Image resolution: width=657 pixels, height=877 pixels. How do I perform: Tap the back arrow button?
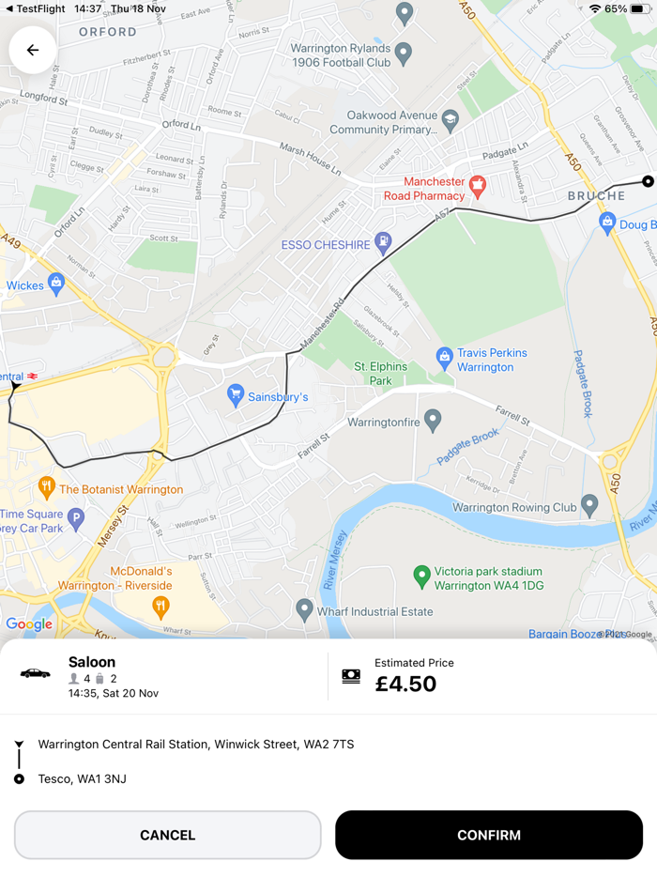pos(33,50)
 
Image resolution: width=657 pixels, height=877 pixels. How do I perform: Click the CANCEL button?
pos(168,835)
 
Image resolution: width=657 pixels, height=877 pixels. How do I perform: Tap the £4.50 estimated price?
pos(405,684)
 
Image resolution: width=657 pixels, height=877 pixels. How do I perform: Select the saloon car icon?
pos(36,673)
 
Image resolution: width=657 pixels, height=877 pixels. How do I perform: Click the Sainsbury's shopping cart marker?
pos(236,395)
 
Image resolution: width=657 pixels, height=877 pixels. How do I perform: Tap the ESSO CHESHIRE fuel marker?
pos(383,243)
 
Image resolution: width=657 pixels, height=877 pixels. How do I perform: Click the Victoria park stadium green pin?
pos(422,576)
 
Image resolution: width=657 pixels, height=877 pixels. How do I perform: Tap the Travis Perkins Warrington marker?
pos(445,357)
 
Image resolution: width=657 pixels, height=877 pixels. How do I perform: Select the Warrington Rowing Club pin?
pos(589,505)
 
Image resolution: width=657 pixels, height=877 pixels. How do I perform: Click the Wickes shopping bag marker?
pos(56,282)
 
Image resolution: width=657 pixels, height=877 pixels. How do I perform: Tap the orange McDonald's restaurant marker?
pos(160,606)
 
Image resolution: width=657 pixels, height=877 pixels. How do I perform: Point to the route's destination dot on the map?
pos(648,181)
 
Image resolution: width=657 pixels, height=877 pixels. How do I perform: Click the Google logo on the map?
pos(29,624)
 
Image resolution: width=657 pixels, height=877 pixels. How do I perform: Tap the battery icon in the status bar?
pos(638,8)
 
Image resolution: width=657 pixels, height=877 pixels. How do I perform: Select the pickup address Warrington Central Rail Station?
pos(196,745)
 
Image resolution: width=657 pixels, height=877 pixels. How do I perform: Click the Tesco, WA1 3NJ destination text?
pos(82,778)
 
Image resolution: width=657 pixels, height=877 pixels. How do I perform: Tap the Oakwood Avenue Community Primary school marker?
pos(451,119)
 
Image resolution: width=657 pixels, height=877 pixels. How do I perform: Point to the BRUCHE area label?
pos(596,196)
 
